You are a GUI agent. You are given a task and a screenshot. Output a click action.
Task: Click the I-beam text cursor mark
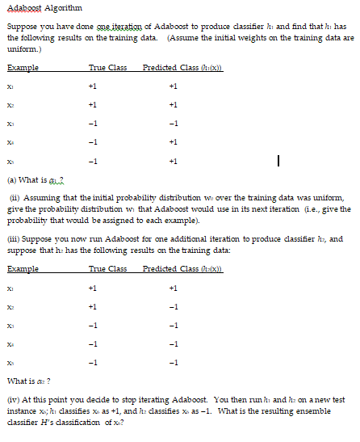[x=278, y=162]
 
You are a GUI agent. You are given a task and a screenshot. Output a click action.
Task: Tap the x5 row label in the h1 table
[x=10, y=162]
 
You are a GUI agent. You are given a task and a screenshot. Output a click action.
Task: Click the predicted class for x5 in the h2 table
[x=174, y=364]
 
